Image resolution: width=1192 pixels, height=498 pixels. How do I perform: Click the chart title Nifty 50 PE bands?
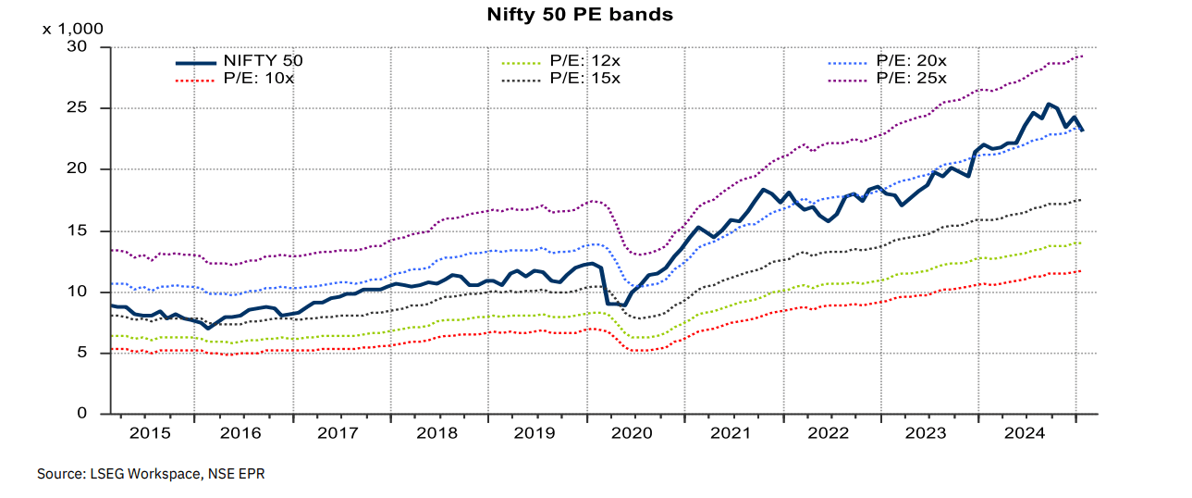coord(580,15)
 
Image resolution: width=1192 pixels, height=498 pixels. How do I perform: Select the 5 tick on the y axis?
coord(82,353)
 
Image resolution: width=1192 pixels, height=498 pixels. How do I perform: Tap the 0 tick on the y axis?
coord(82,414)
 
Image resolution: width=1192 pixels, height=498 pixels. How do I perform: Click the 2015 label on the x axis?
coord(150,432)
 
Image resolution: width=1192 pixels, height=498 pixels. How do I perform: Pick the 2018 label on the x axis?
coord(437,432)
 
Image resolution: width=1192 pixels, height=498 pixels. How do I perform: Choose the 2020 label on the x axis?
coord(633,432)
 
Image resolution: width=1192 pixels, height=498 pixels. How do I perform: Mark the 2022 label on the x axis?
coord(829,432)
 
